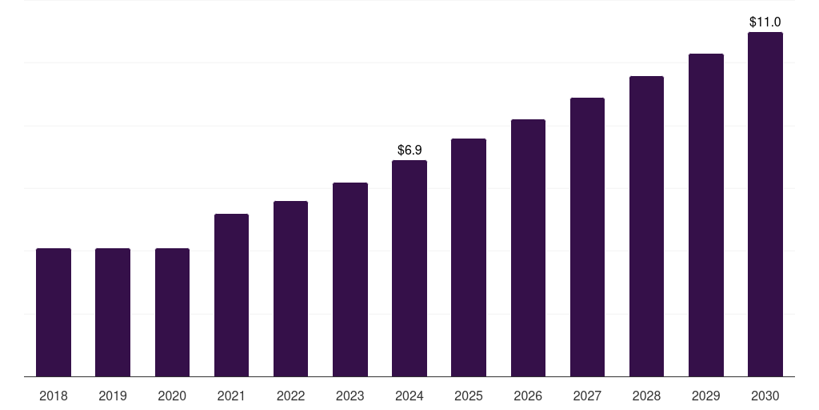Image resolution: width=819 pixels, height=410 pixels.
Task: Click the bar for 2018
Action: coord(54,312)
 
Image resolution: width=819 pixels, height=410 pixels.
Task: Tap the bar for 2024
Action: coord(409,268)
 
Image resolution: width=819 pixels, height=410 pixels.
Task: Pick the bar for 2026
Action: coord(528,247)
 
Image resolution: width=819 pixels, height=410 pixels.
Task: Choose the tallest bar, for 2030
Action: coord(765,204)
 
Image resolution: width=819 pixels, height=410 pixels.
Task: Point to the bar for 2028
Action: coord(646,226)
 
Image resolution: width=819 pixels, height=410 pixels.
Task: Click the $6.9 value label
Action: coord(409,150)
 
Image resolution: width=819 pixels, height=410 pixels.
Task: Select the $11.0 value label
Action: coord(765,22)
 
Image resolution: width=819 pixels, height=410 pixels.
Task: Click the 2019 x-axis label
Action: coord(113,396)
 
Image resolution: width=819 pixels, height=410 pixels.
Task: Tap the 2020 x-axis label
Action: coord(172,396)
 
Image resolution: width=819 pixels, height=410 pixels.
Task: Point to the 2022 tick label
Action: coord(290,396)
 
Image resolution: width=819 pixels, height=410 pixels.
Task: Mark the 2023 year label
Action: coord(350,396)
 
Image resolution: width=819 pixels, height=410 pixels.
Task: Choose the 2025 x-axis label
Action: coord(469,396)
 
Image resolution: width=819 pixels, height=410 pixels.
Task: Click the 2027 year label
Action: coord(587,396)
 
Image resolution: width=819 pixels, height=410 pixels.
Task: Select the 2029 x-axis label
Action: coord(705,396)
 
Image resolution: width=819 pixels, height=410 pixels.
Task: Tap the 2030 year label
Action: coord(765,396)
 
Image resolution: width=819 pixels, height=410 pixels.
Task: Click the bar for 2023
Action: coord(350,279)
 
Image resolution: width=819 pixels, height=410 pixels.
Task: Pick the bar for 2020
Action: coord(172,312)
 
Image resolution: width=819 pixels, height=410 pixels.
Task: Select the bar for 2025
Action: coord(469,257)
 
